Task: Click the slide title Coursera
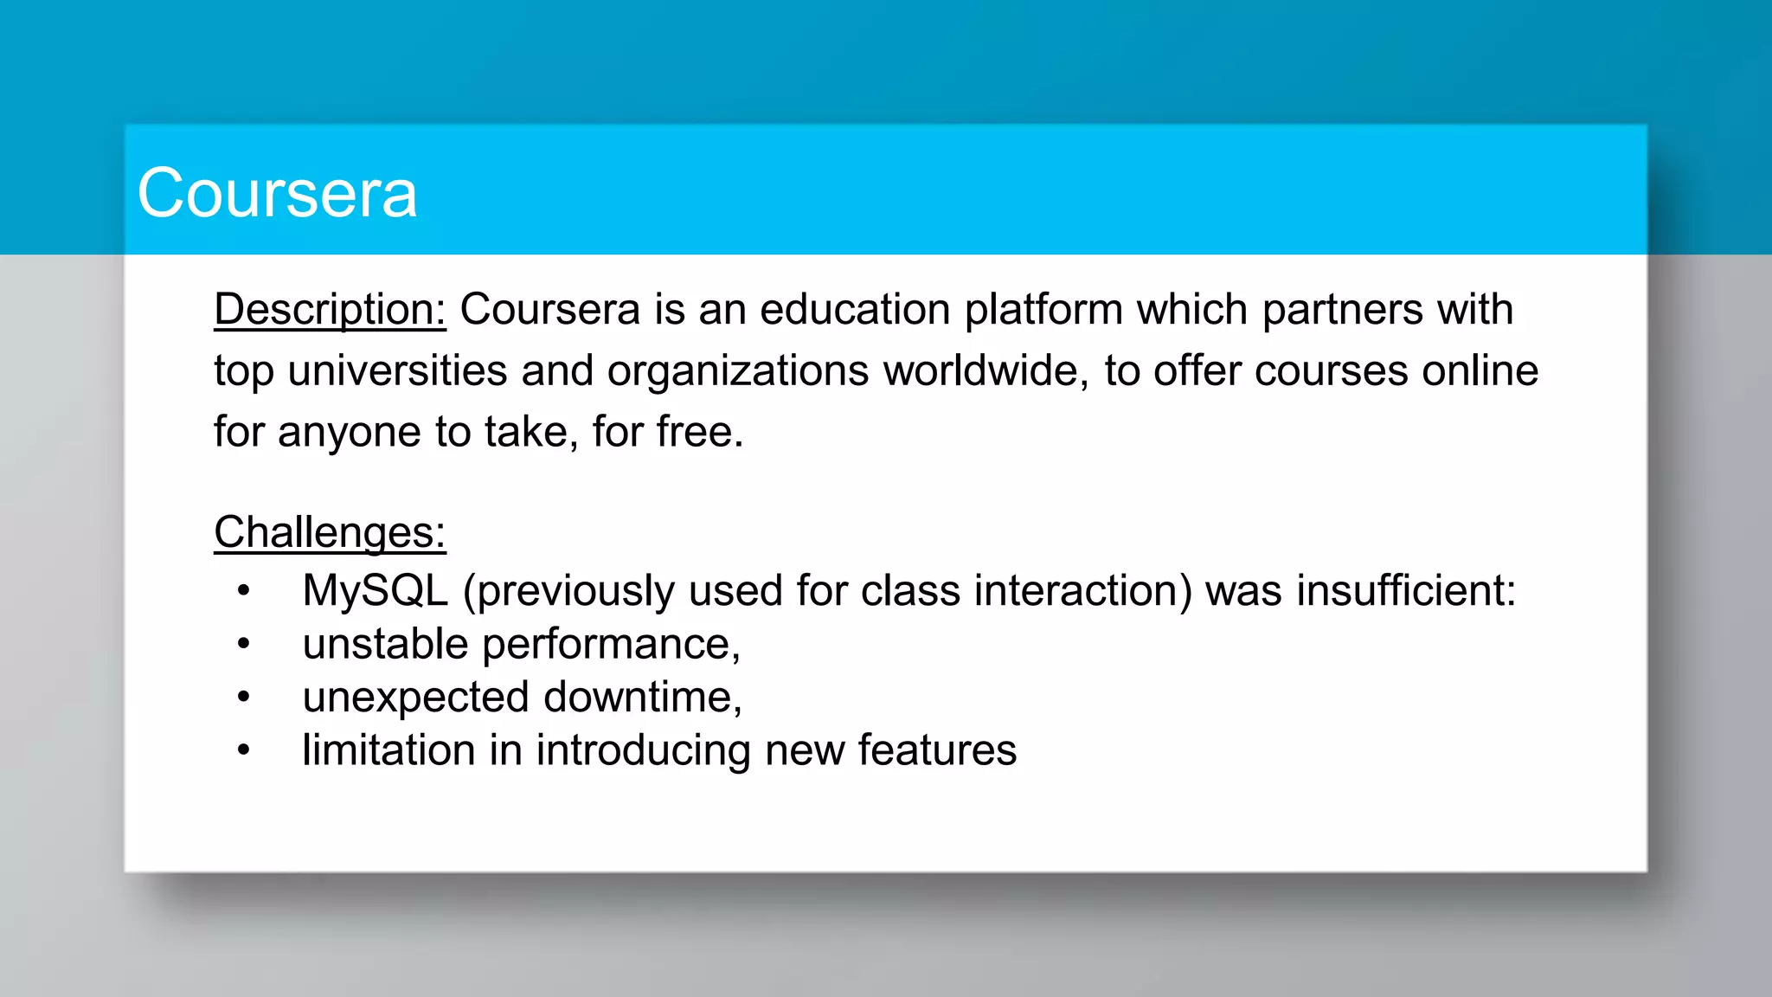tap(277, 193)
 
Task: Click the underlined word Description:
tap(330, 310)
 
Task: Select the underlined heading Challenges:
tap(330, 532)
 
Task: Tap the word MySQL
tap(375, 591)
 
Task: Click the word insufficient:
tap(1406, 591)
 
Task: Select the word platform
tap(1043, 310)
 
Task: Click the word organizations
tap(737, 371)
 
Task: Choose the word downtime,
tap(643, 698)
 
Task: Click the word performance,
tap(611, 645)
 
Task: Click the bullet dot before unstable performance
tap(244, 644)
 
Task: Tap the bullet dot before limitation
tap(244, 750)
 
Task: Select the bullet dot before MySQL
tap(244, 591)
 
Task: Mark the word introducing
tap(643, 750)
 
